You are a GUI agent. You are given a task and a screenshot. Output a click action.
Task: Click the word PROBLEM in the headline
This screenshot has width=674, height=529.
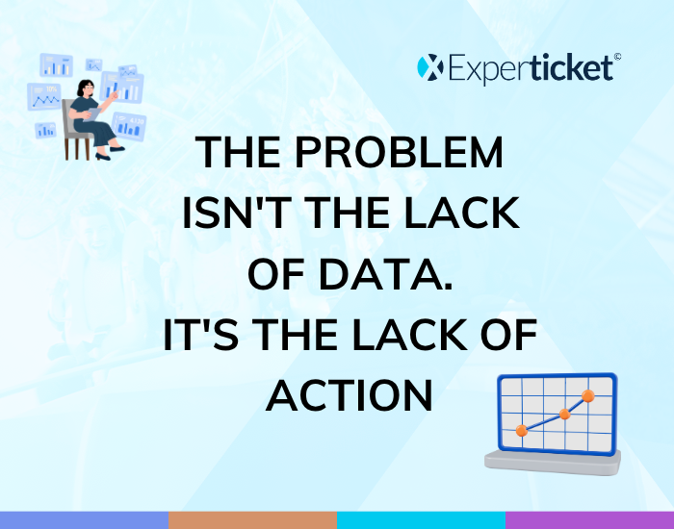click(399, 152)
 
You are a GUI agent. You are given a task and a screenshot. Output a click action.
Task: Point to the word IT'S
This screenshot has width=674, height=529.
click(201, 335)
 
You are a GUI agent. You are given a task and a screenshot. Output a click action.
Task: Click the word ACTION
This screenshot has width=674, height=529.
click(350, 396)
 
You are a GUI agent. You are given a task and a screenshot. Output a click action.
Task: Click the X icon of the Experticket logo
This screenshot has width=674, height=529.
click(430, 67)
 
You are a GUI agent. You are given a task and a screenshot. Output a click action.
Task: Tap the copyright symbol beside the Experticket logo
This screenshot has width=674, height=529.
click(617, 57)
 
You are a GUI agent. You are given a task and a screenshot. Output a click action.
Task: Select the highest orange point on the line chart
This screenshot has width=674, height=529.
click(588, 396)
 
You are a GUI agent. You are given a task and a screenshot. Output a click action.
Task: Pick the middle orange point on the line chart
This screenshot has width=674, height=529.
click(565, 415)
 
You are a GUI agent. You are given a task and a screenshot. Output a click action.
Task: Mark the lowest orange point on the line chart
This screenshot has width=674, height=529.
click(522, 430)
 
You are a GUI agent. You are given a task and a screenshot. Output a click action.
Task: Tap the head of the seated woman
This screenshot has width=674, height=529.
click(86, 88)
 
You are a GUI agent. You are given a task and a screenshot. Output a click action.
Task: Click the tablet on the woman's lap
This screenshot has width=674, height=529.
click(92, 114)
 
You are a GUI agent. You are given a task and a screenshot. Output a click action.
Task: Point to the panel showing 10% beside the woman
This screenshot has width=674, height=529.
click(44, 96)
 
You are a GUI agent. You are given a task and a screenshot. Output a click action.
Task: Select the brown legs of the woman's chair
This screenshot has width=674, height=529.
click(77, 148)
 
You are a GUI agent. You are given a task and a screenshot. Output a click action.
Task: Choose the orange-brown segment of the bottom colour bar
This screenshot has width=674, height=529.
click(252, 520)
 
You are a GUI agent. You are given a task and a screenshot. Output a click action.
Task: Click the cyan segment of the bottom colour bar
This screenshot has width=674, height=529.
click(422, 520)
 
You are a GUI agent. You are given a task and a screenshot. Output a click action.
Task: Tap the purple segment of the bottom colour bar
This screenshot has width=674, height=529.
click(589, 520)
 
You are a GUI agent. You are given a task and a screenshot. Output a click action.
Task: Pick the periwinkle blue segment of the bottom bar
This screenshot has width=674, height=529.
click(85, 520)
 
